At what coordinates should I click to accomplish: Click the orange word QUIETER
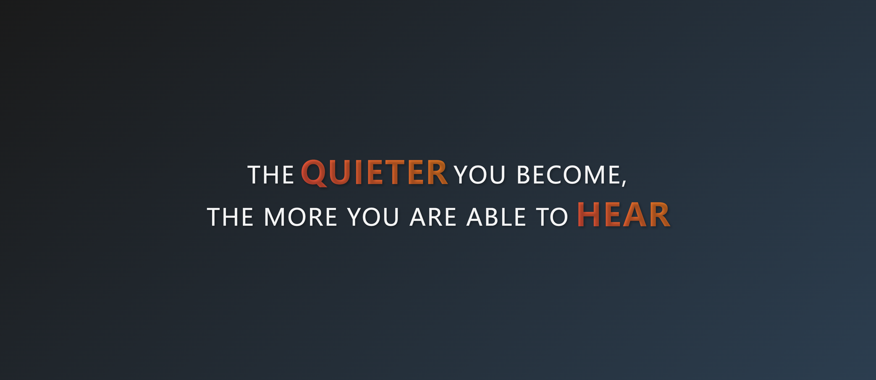click(374, 173)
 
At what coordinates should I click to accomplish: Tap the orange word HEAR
click(624, 215)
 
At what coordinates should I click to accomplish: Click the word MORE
click(301, 217)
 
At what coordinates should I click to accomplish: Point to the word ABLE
click(496, 217)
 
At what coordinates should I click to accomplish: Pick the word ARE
click(433, 217)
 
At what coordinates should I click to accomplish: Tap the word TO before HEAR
click(552, 217)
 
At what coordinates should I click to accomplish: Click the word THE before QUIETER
click(270, 175)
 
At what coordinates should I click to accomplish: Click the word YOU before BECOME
click(480, 175)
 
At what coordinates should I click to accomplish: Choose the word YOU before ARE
click(373, 217)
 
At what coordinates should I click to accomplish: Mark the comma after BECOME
click(624, 183)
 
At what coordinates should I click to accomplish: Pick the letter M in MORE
click(274, 217)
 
